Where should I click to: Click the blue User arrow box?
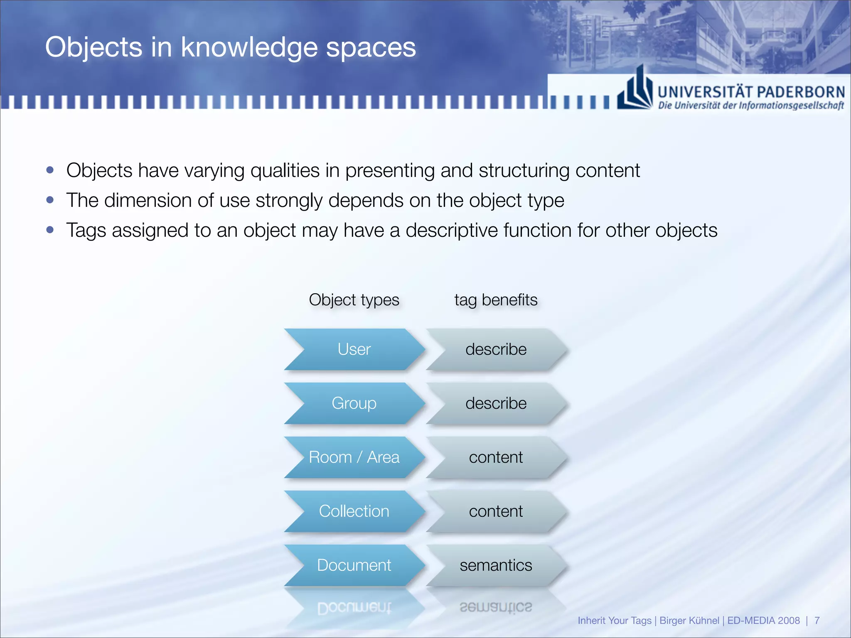coord(354,349)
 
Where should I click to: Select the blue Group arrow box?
coord(354,403)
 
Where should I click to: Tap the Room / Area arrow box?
coord(354,457)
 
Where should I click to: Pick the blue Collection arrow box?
coord(354,511)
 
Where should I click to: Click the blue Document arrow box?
coord(354,565)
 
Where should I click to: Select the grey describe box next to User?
coord(496,349)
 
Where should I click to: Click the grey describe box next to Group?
coord(496,403)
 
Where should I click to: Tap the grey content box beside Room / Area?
coord(496,457)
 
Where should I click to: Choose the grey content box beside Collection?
coord(496,511)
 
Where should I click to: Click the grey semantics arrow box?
coord(496,565)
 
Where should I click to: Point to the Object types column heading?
coord(354,300)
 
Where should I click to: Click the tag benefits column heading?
coord(496,300)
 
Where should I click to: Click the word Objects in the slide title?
coord(93,47)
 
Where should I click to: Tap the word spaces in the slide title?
coord(371,48)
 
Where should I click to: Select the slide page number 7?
coord(817,621)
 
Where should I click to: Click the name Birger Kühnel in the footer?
coord(689,621)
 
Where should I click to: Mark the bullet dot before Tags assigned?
coord(50,230)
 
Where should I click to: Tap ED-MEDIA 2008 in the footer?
coord(763,621)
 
